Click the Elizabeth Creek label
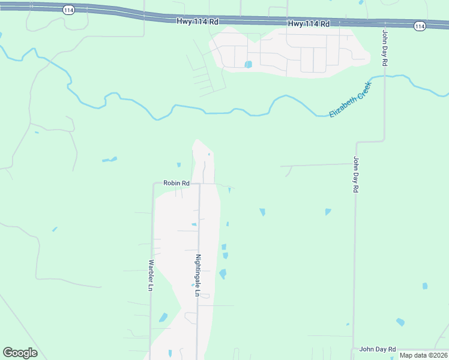(x=351, y=99)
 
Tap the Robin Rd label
(x=176, y=183)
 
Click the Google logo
(x=20, y=353)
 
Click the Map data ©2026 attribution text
(x=424, y=355)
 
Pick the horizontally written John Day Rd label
(x=378, y=349)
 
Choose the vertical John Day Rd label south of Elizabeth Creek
(x=356, y=175)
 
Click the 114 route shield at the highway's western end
(x=68, y=11)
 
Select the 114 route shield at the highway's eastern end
(x=419, y=26)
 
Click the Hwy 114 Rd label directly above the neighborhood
(x=309, y=24)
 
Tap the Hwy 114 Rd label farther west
(x=197, y=20)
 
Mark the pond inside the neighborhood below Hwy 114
(x=248, y=64)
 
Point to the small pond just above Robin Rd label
(x=178, y=165)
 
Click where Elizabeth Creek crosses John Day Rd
(x=385, y=77)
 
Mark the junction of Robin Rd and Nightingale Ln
(x=199, y=184)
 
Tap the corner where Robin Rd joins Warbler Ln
(x=154, y=185)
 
